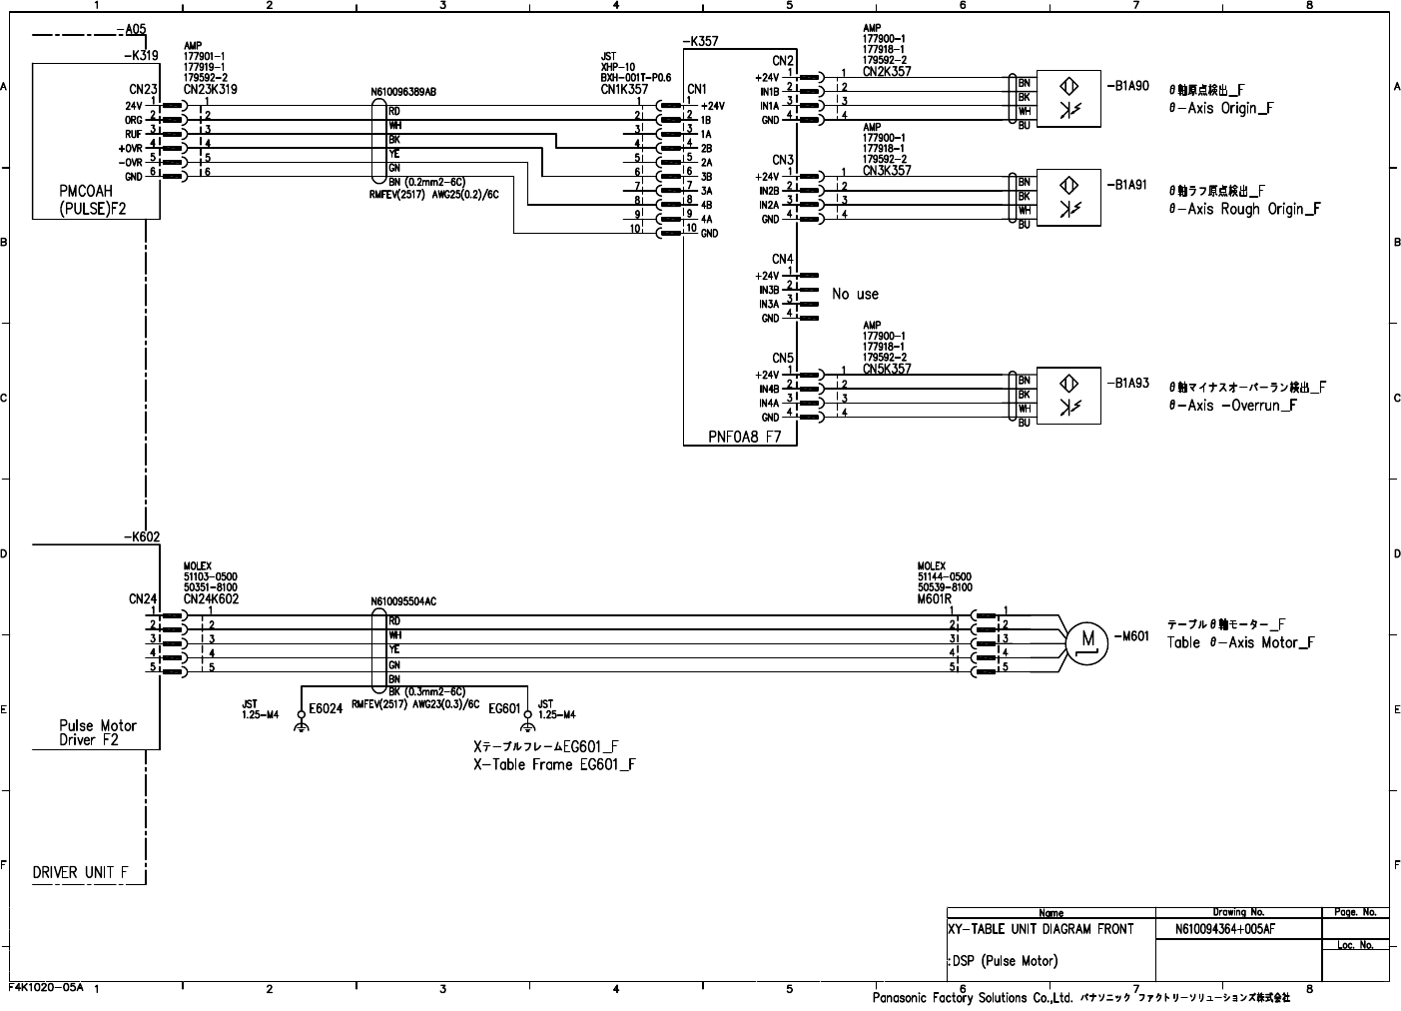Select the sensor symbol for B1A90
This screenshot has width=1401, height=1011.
1068,98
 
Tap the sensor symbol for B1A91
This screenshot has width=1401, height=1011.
1068,197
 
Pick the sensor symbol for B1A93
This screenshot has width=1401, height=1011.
1068,395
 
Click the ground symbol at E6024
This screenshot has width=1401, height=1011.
301,726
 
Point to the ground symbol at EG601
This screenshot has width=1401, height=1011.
527,726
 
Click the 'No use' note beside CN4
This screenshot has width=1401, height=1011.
855,294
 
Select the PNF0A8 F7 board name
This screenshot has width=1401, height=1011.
744,437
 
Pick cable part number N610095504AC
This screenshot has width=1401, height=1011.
403,601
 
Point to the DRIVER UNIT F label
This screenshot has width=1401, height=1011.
80,872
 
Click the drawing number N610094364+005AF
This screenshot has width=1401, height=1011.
1225,929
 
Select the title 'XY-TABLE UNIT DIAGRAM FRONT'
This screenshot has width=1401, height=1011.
1041,929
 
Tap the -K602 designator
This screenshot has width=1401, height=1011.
142,536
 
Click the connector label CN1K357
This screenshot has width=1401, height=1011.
625,89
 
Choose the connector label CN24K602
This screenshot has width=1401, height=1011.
211,599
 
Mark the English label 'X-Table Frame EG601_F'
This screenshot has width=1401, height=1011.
554,764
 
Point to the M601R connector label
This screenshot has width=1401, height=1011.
935,599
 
